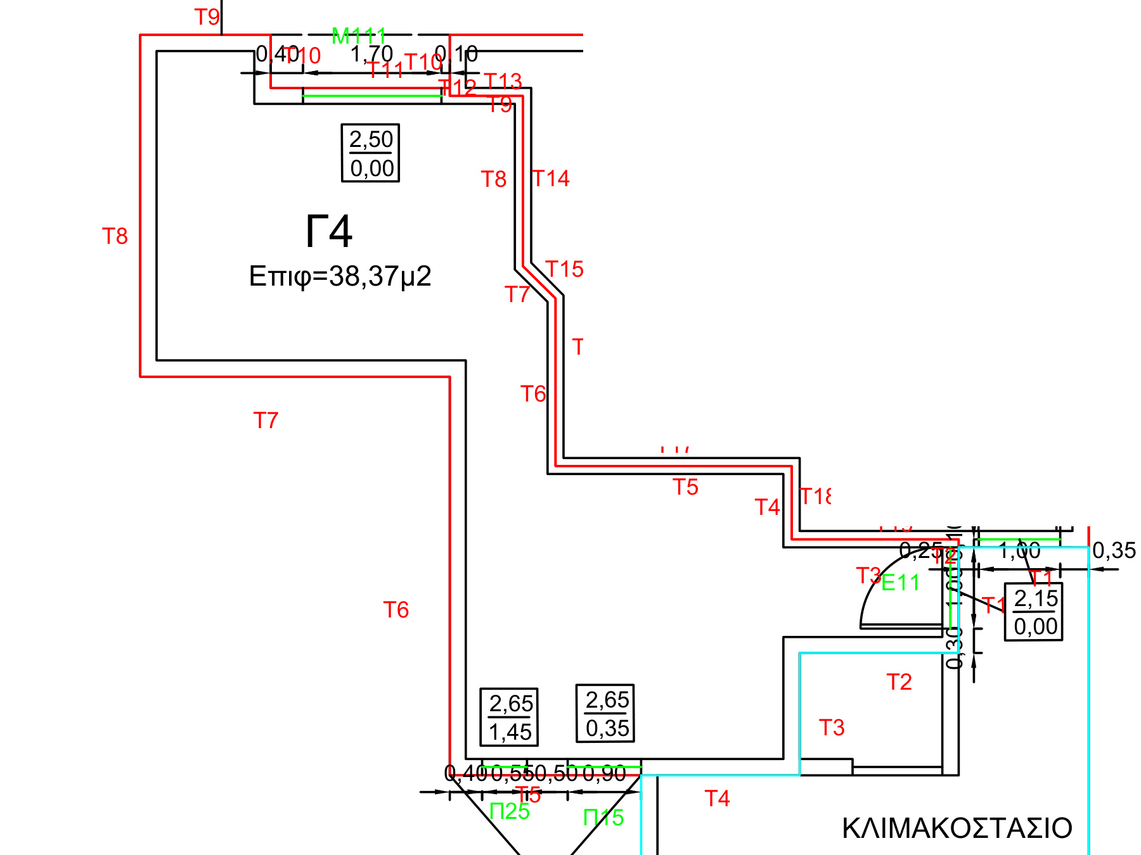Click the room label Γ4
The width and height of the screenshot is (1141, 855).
tap(328, 232)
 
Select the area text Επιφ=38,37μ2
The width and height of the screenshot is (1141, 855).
tap(340, 277)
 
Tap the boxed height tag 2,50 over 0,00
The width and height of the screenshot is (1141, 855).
tap(371, 153)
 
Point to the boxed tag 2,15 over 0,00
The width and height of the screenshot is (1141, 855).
tap(1035, 612)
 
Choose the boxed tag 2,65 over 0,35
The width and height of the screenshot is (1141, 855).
tap(606, 714)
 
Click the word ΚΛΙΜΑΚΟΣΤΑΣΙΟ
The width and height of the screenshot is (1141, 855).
tap(957, 828)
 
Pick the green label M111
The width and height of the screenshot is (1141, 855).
tap(359, 37)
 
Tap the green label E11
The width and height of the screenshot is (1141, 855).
tap(900, 583)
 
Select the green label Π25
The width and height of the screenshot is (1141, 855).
tap(510, 811)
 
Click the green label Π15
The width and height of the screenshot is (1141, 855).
tap(603, 818)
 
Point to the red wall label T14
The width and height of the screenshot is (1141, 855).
tap(550, 179)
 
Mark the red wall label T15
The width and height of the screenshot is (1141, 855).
tap(564, 269)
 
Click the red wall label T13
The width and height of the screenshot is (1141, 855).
tap(503, 81)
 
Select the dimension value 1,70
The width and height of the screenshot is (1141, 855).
tap(372, 54)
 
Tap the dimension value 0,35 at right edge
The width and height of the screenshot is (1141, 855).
tap(1114, 550)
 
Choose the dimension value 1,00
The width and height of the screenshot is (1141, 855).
tap(1020, 550)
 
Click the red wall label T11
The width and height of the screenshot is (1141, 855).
tap(385, 70)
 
